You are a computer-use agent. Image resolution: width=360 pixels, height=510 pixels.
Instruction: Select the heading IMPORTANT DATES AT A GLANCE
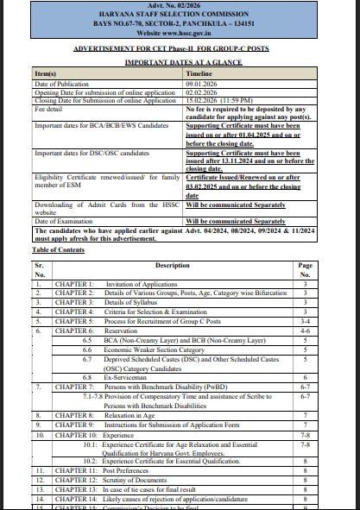tap(180, 63)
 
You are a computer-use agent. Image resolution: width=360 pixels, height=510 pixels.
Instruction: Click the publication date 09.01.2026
tap(204, 83)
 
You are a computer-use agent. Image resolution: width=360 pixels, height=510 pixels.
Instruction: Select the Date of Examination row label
tap(66, 221)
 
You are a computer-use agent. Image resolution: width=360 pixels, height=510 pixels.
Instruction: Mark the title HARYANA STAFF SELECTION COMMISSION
tap(180, 14)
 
